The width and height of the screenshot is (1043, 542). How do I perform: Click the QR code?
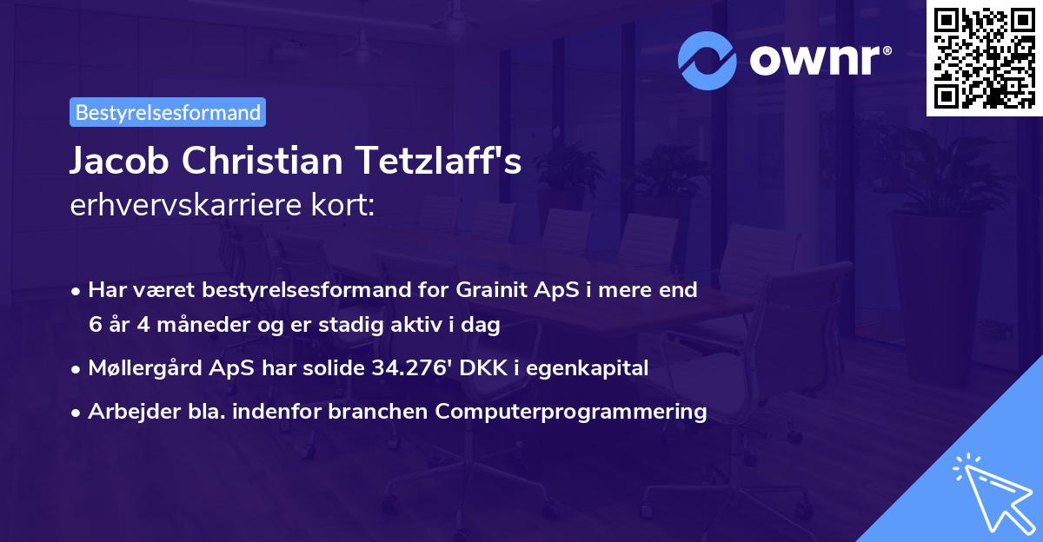pyautogui.click(x=984, y=58)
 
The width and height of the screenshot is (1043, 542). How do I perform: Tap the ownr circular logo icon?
pyautogui.click(x=708, y=60)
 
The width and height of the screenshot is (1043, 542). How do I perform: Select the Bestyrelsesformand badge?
pyautogui.click(x=168, y=112)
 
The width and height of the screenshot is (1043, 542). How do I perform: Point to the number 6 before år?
pyautogui.click(x=95, y=325)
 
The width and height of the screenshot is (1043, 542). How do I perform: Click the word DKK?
pyautogui.click(x=479, y=368)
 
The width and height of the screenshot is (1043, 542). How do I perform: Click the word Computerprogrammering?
pyautogui.click(x=571, y=412)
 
